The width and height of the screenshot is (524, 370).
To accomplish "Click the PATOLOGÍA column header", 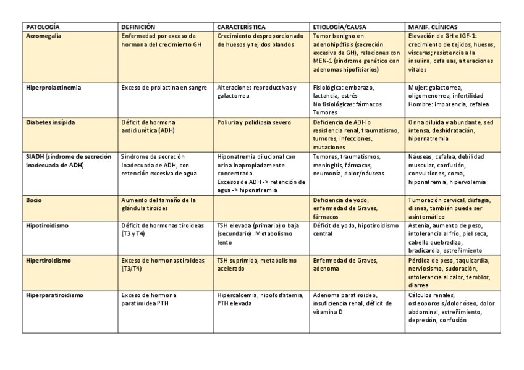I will click(x=43, y=28).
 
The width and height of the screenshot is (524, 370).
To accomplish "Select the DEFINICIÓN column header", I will click(x=138, y=28).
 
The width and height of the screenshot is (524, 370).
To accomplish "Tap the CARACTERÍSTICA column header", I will click(x=241, y=28).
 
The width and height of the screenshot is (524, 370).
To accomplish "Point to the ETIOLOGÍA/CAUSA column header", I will click(x=340, y=28).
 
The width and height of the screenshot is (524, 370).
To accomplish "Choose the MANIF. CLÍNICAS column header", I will click(x=433, y=28).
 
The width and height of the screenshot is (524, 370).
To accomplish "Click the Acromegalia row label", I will click(x=44, y=36).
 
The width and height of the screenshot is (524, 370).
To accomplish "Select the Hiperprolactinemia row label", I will click(x=54, y=87).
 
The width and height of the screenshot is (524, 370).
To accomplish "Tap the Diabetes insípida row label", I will click(x=51, y=122).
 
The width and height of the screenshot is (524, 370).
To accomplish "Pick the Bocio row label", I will click(x=34, y=200).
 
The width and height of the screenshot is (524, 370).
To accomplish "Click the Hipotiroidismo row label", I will click(x=47, y=225).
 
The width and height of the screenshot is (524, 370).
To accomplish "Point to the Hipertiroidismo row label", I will click(x=48, y=260).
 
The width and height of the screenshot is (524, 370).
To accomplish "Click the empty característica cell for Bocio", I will click(x=262, y=208).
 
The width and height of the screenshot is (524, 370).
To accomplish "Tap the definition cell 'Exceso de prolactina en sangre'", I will click(x=164, y=87).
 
